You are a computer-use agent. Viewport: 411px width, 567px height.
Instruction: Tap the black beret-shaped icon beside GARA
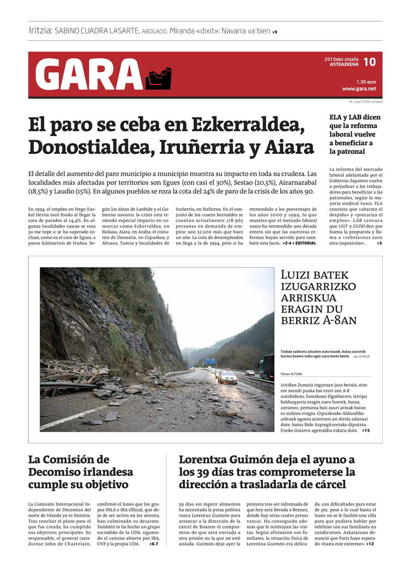pos(158,79)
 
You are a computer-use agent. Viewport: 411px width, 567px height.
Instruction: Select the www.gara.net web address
pos(359,89)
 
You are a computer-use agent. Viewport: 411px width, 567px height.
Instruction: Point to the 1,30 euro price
pos(367,81)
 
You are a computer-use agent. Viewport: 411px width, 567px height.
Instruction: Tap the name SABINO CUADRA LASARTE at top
pos(97,31)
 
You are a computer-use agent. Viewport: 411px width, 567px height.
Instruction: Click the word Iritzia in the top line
pos(40,31)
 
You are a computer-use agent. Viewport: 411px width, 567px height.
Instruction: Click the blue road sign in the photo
pos(210,361)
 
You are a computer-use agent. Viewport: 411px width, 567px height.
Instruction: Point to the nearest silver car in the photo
pos(228,377)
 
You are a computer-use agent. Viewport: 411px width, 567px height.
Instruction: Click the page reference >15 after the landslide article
pos(366,431)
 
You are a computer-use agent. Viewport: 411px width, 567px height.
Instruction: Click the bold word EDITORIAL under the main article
pos(306,243)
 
